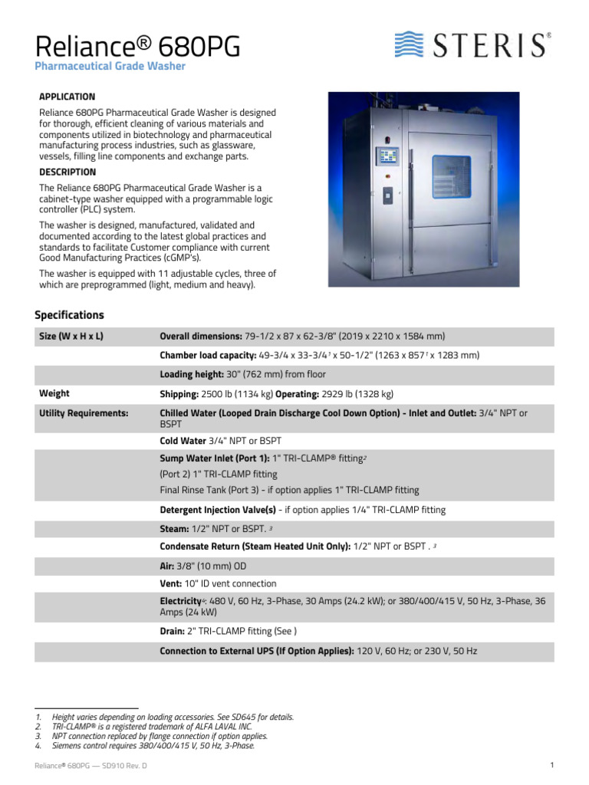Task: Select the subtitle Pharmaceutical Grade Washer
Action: pyautogui.click(x=110, y=67)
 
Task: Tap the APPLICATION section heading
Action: pyautogui.click(x=67, y=97)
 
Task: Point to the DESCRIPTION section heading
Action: pyautogui.click(x=67, y=172)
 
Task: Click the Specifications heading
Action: pyautogui.click(x=69, y=315)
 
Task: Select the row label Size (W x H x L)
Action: pyautogui.click(x=71, y=337)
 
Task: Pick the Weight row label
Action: pyautogui.click(x=54, y=394)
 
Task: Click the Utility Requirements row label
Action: pyautogui.click(x=84, y=413)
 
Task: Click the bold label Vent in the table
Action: pyautogui.click(x=170, y=583)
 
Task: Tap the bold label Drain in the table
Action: pyautogui.click(x=172, y=631)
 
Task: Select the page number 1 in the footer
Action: pyautogui.click(x=551, y=765)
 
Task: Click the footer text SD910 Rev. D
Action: pyautogui.click(x=124, y=766)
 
